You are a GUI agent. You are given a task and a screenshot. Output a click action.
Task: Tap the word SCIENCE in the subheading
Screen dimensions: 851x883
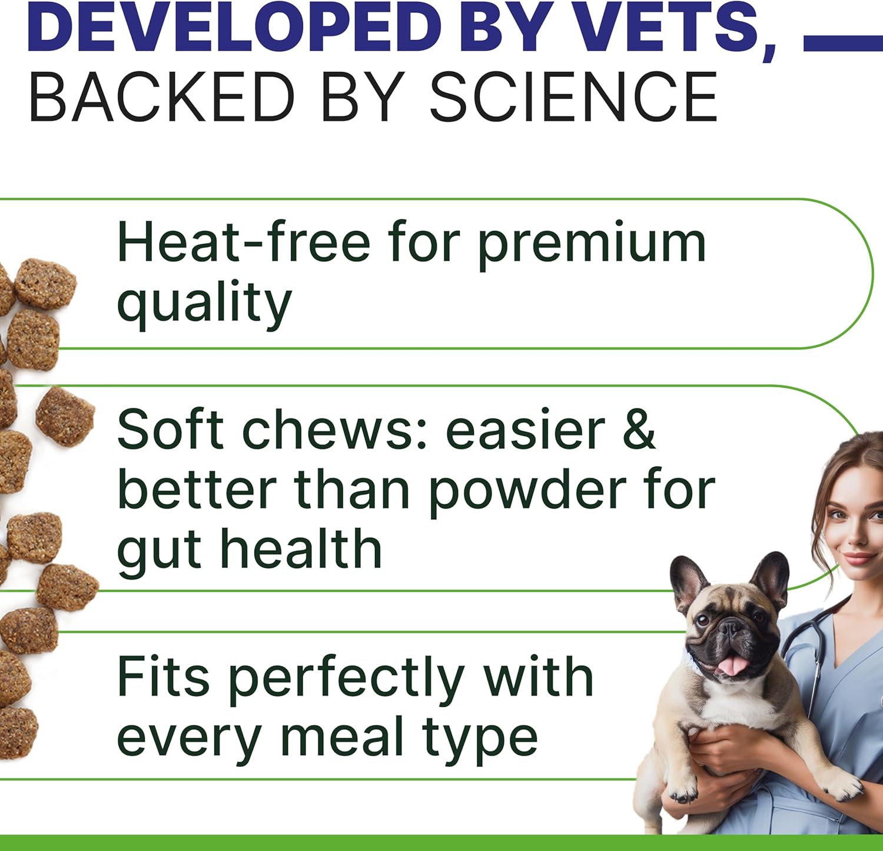(x=574, y=97)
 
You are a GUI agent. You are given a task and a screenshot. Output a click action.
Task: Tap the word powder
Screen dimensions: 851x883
(x=527, y=491)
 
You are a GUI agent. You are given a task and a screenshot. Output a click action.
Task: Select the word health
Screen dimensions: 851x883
(x=301, y=549)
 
